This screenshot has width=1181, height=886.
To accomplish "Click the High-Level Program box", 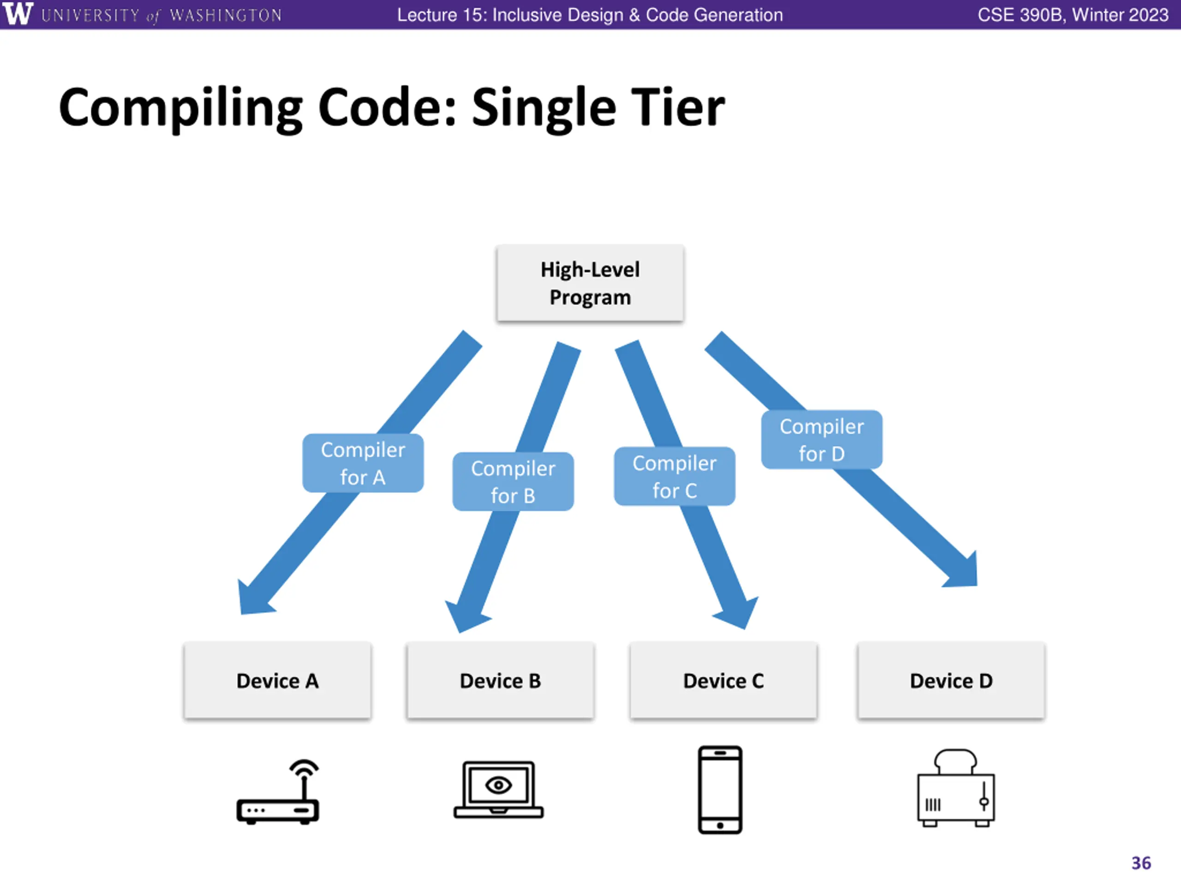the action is pos(590,283).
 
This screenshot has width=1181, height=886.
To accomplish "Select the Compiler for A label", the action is pos(363,463).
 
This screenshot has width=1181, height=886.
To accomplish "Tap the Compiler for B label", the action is pos(513,482).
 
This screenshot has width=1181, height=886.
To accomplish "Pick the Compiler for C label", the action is pos(674,476).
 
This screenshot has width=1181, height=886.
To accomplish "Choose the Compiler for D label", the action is pos(822,439).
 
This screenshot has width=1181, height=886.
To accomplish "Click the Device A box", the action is pos(277,680).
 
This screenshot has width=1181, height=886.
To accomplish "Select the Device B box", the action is pos(500,680).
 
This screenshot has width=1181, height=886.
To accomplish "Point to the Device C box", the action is pos(723,680).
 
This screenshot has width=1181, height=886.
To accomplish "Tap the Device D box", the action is pos(951,680).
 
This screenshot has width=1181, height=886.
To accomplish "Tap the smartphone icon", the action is pos(720,790).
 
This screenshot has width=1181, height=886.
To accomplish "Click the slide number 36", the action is pos(1141,863).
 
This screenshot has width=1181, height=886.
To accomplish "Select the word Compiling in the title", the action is pos(180,109).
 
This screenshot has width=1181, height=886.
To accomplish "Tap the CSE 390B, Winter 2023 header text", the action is pos(1073,15).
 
